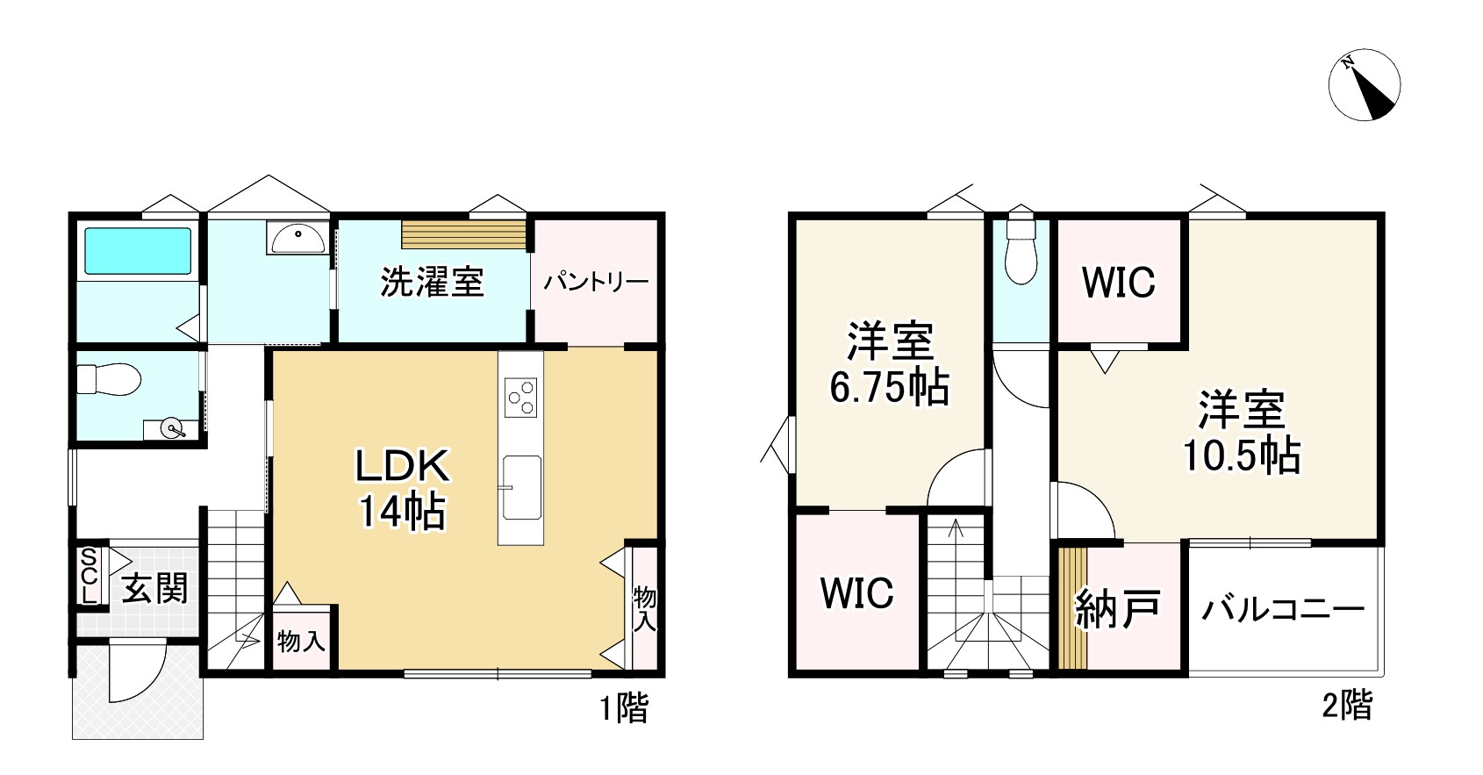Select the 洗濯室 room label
click(432, 283)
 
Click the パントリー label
click(595, 283)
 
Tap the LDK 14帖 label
click(402, 488)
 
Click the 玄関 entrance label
click(154, 588)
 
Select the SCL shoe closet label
click(89, 576)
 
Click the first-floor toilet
click(109, 380)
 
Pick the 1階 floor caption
click(624, 707)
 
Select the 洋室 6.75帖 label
click(889, 364)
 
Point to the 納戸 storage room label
click(1118, 608)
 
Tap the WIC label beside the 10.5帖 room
click(1118, 282)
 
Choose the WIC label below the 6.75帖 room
click(857, 593)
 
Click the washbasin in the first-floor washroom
click(298, 237)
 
